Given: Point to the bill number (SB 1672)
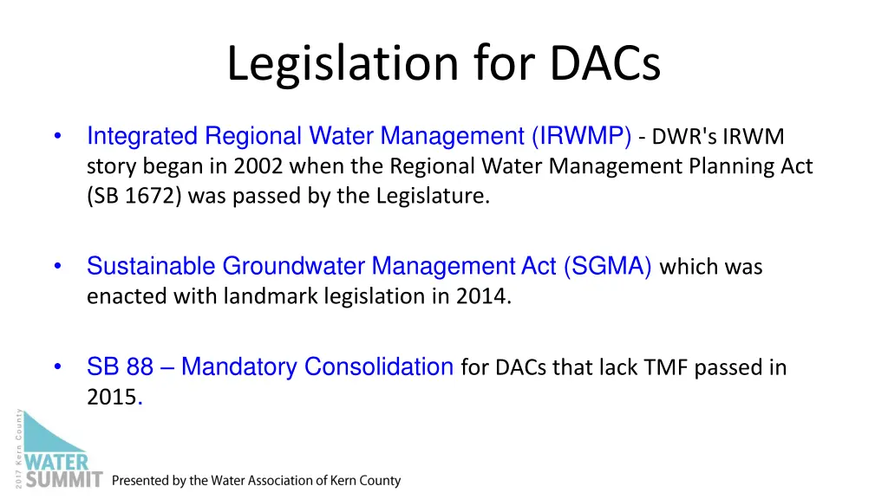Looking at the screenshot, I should [134, 196].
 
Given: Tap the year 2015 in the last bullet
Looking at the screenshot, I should [111, 398].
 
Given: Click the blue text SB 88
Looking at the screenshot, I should [120, 367].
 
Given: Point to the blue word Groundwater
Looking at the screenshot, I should [294, 266].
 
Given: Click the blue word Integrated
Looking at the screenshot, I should [142, 136].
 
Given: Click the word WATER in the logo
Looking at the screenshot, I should [56, 460].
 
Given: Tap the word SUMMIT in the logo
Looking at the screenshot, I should [64, 479].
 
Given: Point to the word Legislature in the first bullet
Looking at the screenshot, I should [433, 196].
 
